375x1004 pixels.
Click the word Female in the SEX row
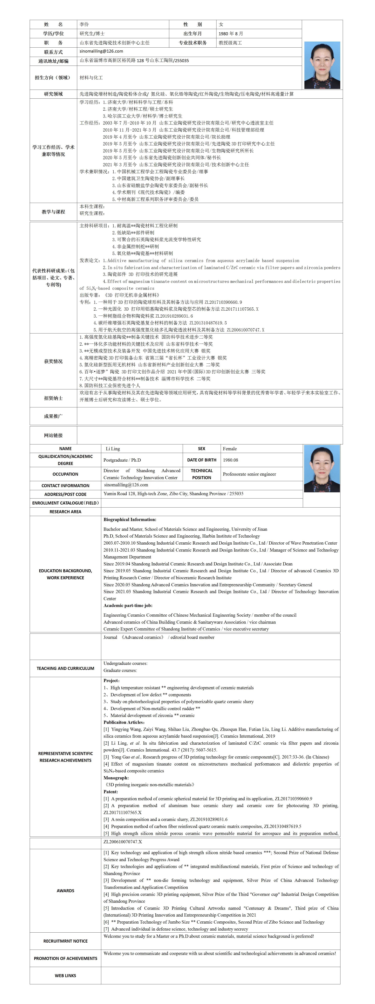point(230,449)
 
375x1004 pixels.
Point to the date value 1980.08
point(231,460)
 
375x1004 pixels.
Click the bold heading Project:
point(112,681)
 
